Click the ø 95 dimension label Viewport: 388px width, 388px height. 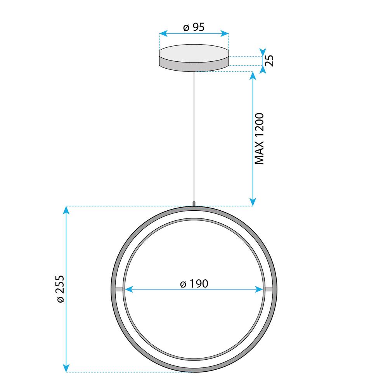(x=194, y=27)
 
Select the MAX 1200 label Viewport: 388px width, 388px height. (x=259, y=139)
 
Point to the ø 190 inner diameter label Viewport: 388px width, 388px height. (x=194, y=284)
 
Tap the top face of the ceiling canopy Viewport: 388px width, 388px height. (x=194, y=52)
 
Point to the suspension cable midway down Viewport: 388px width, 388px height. (x=194, y=136)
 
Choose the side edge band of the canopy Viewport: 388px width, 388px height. (x=194, y=66)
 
